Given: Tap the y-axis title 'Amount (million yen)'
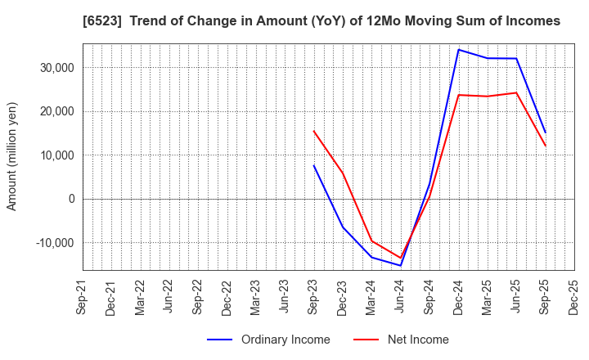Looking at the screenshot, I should (12, 156).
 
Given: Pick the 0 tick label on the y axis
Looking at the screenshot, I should (71, 199).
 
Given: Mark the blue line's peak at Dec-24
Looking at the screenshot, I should (458, 50).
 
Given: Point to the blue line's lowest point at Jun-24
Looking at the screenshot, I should (401, 265).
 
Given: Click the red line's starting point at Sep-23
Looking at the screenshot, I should (313, 131).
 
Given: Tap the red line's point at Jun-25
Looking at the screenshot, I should (516, 92).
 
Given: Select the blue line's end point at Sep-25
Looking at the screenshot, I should (545, 133).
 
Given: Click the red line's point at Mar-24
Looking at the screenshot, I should (371, 241).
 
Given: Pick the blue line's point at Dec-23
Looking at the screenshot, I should (343, 227).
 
